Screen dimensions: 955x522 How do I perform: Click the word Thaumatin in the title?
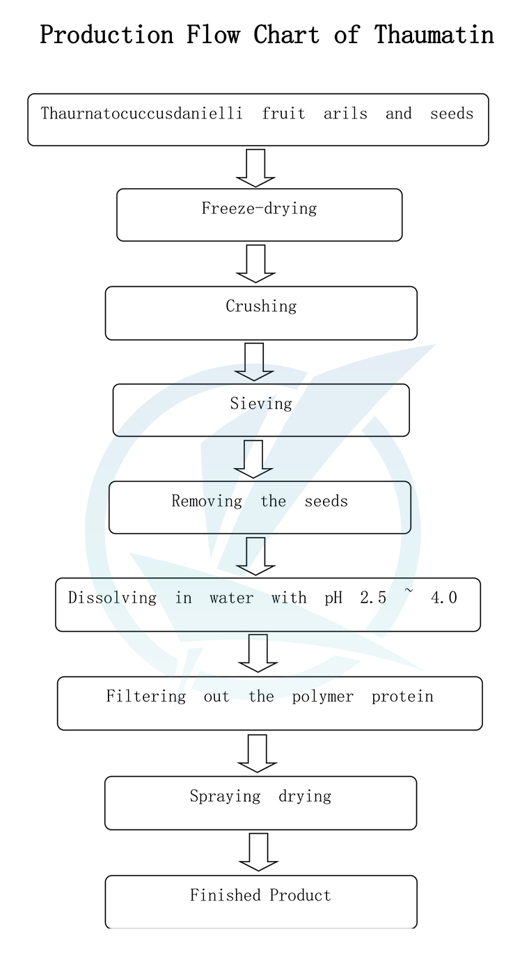[434, 35]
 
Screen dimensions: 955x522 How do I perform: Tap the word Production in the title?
[106, 35]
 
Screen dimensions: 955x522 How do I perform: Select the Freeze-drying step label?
[259, 208]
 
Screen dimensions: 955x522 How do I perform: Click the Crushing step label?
[261, 306]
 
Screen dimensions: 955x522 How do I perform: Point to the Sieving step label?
[261, 403]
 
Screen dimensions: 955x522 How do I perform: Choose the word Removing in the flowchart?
[207, 501]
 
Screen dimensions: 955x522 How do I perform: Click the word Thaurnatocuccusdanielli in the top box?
[142, 114]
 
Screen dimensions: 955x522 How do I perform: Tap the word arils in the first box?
[345, 114]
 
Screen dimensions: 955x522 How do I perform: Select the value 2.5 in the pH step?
[373, 598]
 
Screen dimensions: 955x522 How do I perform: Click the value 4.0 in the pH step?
[444, 598]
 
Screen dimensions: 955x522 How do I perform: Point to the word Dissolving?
[112, 598]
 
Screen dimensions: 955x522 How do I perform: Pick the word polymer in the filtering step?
[324, 697]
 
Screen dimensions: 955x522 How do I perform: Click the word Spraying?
[225, 796]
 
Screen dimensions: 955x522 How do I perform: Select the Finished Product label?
[260, 895]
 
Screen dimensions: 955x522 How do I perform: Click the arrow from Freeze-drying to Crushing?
[255, 263]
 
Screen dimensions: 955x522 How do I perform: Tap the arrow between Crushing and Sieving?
[254, 362]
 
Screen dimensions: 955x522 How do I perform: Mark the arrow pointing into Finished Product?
[258, 851]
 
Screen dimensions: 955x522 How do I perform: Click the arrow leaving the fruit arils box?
[255, 168]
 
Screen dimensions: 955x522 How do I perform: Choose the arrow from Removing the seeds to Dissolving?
[255, 556]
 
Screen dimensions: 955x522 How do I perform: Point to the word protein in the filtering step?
[402, 697]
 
